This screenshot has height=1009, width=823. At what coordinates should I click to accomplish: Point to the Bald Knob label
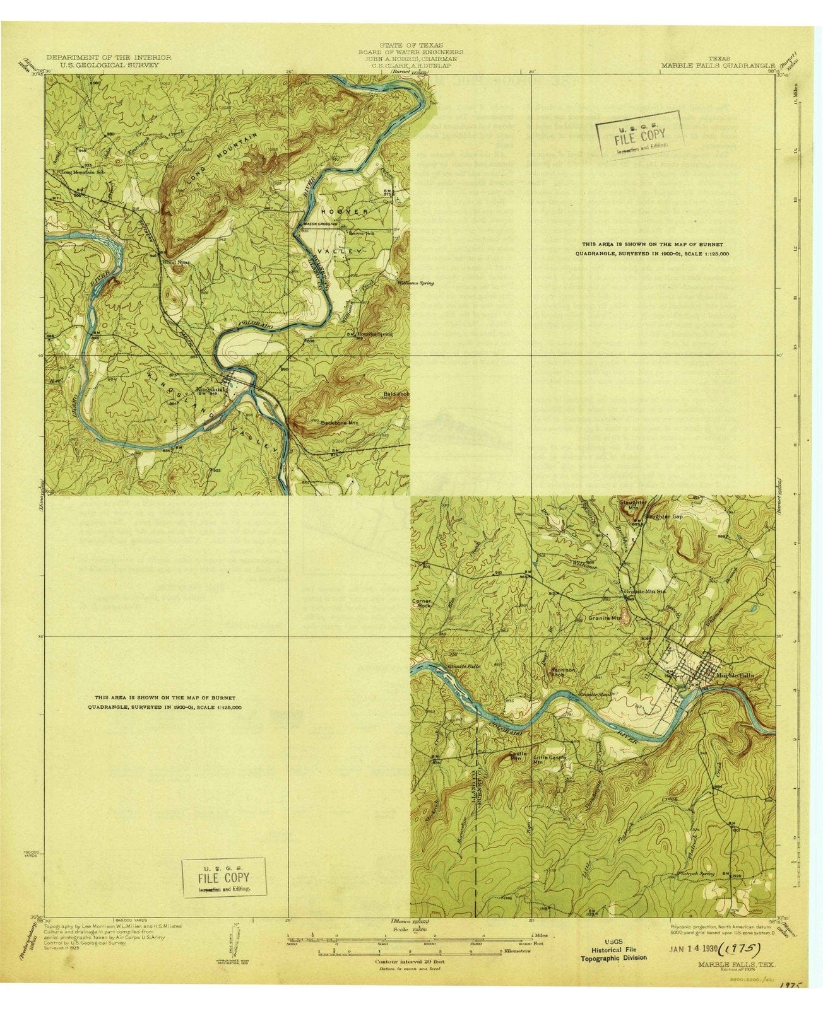(x=396, y=394)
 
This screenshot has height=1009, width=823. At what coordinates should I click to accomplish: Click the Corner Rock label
(x=422, y=603)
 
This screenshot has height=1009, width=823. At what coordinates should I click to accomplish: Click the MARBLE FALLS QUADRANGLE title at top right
(x=718, y=65)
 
